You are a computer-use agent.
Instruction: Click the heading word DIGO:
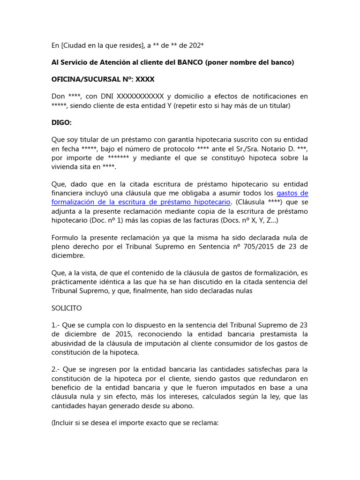pyautogui.click(x=61, y=123)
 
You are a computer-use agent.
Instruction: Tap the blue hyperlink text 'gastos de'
pyautogui.click(x=292, y=193)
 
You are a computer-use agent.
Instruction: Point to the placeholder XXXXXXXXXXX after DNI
pyautogui.click(x=140, y=97)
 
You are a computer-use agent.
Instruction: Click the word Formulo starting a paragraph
pyautogui.click(x=65, y=237)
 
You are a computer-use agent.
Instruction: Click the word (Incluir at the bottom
pyautogui.click(x=65, y=422)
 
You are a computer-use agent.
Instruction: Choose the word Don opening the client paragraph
pyautogui.click(x=58, y=97)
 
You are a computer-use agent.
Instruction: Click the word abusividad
pyautogui.click(x=71, y=344)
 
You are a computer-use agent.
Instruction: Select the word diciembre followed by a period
pyautogui.click(x=68, y=256)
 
